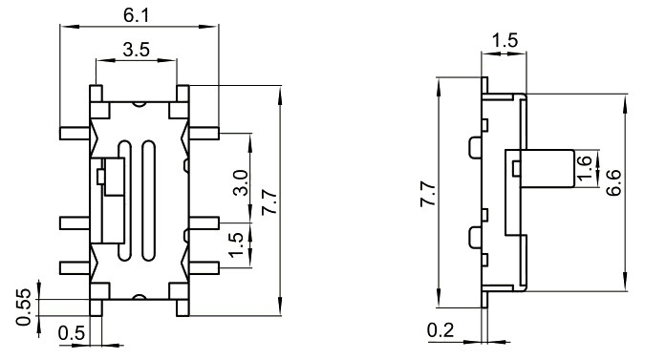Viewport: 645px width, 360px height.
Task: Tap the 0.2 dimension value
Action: click(441, 330)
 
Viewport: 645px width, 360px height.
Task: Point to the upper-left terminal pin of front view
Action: click(73, 133)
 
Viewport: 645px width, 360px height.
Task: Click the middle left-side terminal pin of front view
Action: click(73, 222)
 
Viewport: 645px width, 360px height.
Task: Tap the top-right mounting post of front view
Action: click(178, 92)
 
